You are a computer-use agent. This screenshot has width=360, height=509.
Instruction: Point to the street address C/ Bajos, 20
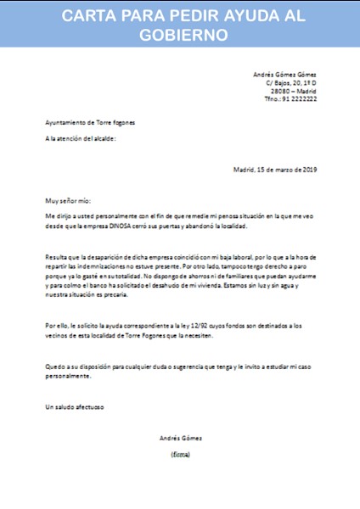[x=284, y=82]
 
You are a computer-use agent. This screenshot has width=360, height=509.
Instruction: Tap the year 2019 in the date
[x=307, y=169]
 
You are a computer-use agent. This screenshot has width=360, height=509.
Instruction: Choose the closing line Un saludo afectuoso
[x=74, y=407]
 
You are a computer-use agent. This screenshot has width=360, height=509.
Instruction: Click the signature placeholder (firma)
[x=180, y=454]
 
